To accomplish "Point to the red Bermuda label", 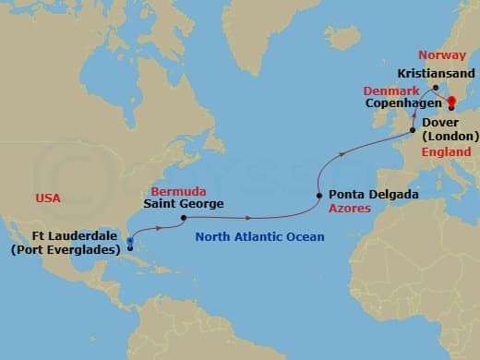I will click(174, 190).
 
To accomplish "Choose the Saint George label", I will click(184, 204).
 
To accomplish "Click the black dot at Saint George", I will click(184, 219).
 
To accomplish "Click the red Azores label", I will click(352, 210).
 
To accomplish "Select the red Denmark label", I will click(391, 91).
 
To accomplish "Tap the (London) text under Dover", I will click(452, 136).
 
